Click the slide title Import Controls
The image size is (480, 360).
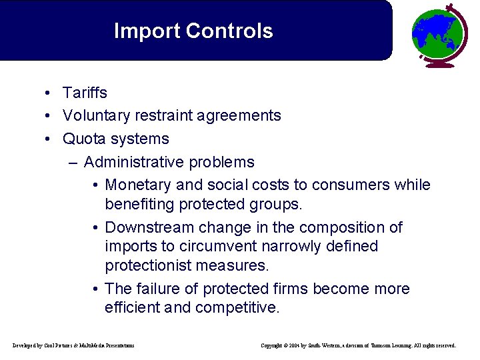click(x=193, y=31)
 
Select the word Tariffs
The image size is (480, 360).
click(x=85, y=93)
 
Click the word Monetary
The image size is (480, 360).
click(x=137, y=185)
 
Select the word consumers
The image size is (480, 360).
click(x=358, y=185)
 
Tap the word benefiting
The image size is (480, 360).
click(x=137, y=203)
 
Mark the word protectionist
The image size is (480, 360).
click(x=148, y=265)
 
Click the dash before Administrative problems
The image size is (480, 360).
click(x=72, y=163)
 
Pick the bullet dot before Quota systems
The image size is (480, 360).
click(x=49, y=139)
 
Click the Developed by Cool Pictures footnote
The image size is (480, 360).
click(x=73, y=345)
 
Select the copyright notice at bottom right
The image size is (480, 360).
click(x=358, y=345)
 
